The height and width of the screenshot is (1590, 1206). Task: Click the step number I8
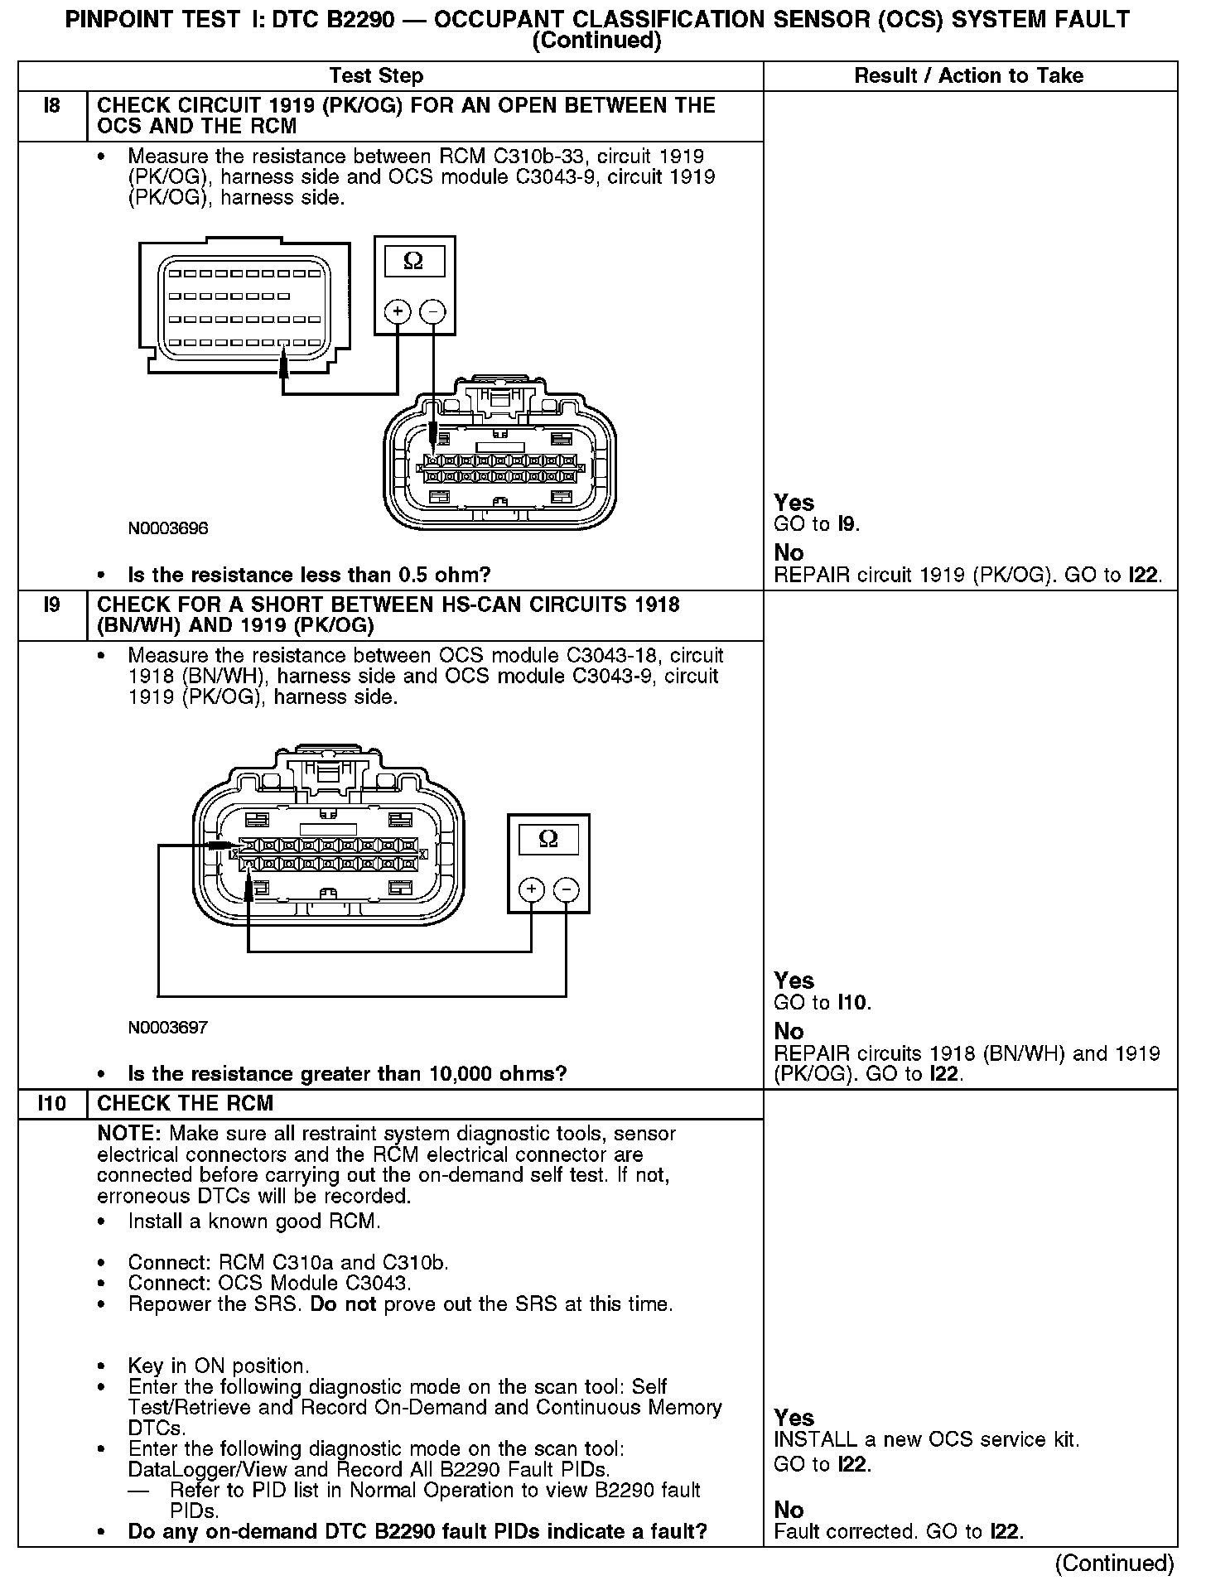[x=51, y=106]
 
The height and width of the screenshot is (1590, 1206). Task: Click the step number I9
[x=51, y=605]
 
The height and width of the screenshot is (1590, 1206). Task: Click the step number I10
[x=51, y=1104]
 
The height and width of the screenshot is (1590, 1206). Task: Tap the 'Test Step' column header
[x=376, y=76]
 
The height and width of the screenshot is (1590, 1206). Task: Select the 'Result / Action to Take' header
[x=968, y=76]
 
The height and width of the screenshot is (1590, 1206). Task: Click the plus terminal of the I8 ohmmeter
[x=398, y=312]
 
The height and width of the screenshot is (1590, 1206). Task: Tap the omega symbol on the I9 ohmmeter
[x=548, y=839]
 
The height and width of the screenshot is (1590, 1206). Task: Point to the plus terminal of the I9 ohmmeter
[x=531, y=890]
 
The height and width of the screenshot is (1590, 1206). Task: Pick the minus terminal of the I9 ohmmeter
[x=567, y=890]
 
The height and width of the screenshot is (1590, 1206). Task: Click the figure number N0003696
[x=168, y=528]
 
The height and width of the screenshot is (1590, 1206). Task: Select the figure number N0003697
[x=168, y=1028]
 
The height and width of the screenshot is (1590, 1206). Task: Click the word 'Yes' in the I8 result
[x=794, y=503]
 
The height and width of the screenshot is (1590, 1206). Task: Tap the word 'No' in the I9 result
[x=789, y=1031]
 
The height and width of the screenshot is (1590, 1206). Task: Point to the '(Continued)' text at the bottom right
[x=1114, y=1562]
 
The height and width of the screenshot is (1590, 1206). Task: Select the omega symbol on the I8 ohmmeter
[x=413, y=262]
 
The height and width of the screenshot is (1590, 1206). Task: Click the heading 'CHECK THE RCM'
[x=186, y=1104]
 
